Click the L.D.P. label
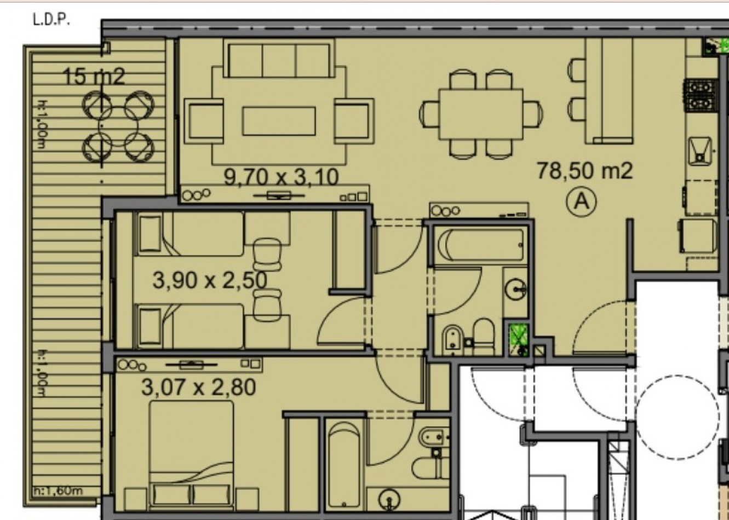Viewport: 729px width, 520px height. (51, 20)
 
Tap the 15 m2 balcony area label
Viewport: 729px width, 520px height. (94, 77)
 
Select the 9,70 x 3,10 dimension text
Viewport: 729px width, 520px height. (281, 177)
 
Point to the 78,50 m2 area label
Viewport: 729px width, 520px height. (584, 171)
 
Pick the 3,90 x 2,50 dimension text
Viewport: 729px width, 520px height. (210, 280)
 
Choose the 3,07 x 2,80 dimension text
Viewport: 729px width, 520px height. (198, 388)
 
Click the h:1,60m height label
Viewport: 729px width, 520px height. (59, 490)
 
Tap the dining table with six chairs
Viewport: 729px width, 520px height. (481, 114)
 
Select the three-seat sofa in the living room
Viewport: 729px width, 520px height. (279, 59)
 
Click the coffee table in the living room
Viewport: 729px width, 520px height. (279, 121)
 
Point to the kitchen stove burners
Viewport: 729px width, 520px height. (700, 96)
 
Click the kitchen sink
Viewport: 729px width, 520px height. (700, 152)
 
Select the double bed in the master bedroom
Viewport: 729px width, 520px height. (191, 454)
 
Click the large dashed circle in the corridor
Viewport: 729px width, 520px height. (678, 417)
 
